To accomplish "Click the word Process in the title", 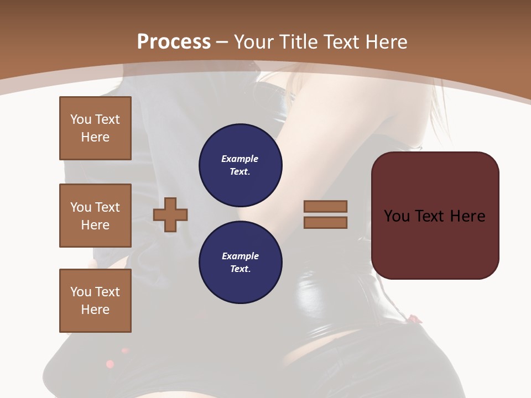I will (174, 42).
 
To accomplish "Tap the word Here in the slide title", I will (386, 42).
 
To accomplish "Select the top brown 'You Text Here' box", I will (95, 128).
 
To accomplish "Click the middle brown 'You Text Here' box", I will (95, 216).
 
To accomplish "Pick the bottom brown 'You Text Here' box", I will (95, 301).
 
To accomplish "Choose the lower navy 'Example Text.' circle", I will (241, 263).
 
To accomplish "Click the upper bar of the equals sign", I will (326, 206).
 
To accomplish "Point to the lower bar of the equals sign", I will (326, 222).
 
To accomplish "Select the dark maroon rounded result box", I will (435, 216).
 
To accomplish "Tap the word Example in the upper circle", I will (240, 159).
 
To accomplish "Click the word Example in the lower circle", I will (240, 256).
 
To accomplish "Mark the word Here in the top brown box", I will (95, 137).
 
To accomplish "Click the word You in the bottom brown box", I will (81, 292).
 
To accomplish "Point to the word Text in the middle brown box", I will (107, 207).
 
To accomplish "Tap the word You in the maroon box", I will (397, 216).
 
